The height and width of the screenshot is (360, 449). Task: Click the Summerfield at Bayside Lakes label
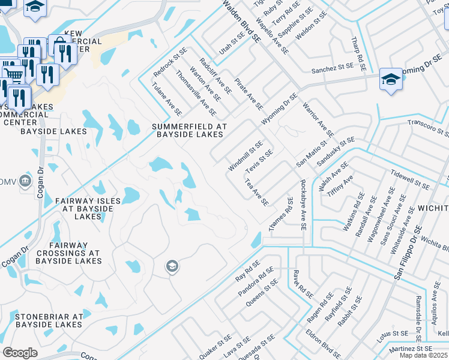189,130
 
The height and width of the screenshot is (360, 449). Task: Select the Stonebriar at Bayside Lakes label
49,320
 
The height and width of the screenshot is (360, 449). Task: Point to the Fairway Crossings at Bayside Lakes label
68,253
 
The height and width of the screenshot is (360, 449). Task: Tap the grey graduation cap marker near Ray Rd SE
172,266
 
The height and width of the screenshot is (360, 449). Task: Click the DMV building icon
25,180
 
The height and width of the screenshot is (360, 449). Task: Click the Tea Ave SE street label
256,192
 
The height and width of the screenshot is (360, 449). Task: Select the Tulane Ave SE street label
167,99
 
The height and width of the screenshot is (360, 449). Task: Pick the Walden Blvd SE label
243,20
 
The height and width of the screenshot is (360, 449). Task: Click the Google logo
20,353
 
